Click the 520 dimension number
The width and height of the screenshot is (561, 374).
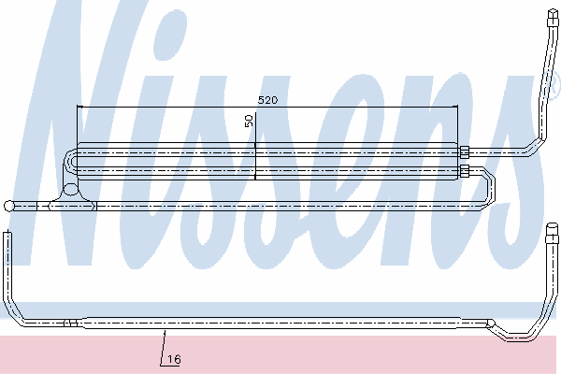(x=267, y=100)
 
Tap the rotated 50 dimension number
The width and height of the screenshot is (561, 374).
(x=249, y=121)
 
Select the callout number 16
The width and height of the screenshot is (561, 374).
(x=174, y=359)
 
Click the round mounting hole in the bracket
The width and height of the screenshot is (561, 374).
(x=71, y=189)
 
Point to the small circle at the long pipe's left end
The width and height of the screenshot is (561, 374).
(x=8, y=206)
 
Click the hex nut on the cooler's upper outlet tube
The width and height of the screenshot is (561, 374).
(x=464, y=152)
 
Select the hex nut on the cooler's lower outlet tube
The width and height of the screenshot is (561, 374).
(x=465, y=171)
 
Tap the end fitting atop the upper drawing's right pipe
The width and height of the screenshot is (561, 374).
(x=554, y=18)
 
